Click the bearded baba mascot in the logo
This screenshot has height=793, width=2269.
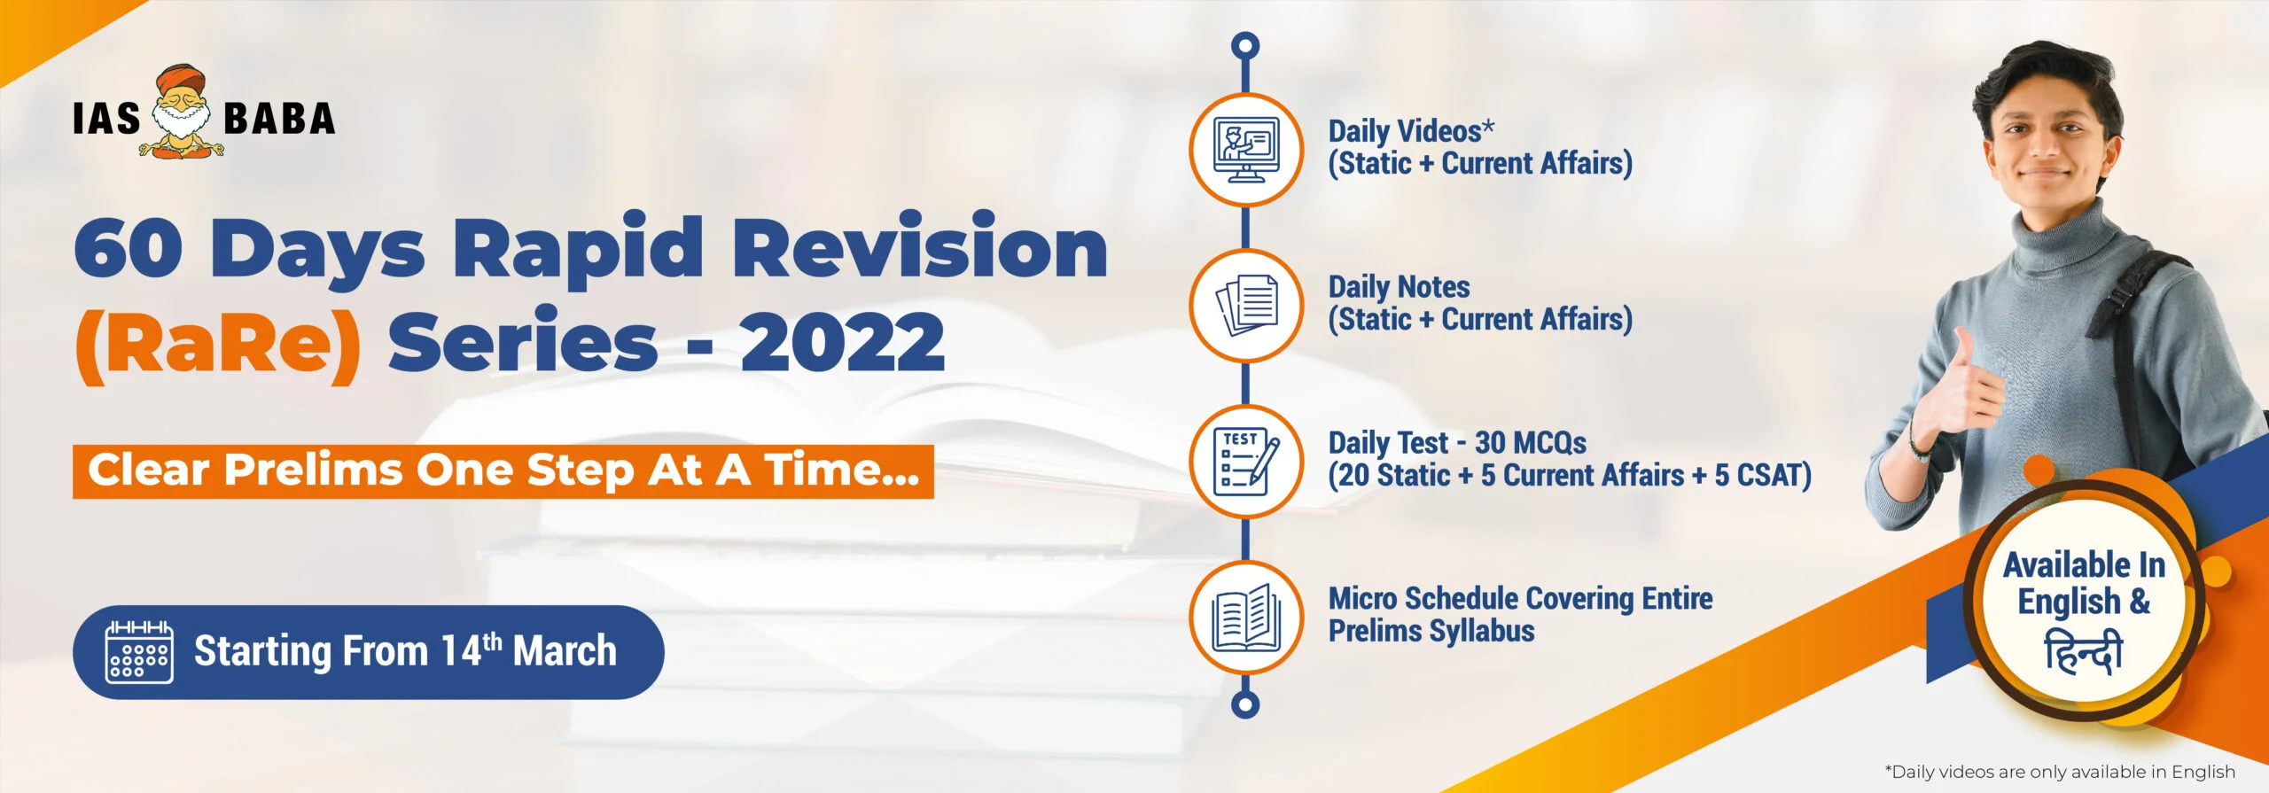click(x=182, y=112)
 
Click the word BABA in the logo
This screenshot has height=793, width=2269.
click(x=279, y=119)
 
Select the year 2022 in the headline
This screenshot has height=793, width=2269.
click(x=843, y=343)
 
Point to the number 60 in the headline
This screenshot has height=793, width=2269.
click(x=129, y=248)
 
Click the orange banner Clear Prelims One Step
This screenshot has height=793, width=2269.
click(x=503, y=470)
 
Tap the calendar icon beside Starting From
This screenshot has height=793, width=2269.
click(x=139, y=652)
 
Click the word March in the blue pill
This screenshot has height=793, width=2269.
click(x=565, y=651)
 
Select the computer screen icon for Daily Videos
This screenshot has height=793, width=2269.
click(x=1246, y=150)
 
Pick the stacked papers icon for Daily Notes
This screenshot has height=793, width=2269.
click(x=1246, y=306)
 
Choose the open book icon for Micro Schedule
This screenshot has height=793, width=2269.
click(x=1246, y=618)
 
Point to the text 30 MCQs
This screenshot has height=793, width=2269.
click(x=1531, y=443)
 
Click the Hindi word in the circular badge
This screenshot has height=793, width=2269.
click(x=2083, y=652)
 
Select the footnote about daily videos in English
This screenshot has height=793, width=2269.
click(x=2060, y=772)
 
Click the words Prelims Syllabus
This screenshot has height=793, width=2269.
click(x=1431, y=631)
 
